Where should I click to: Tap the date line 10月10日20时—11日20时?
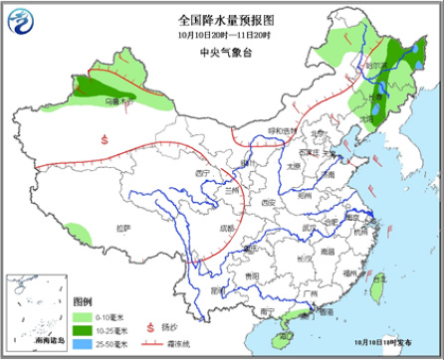tap(221, 34)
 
